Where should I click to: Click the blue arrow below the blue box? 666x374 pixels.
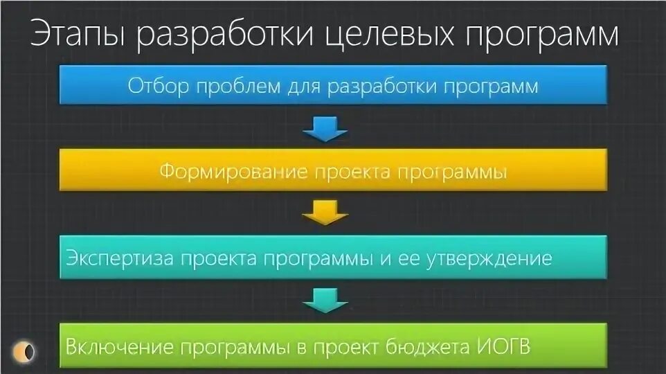point(325,127)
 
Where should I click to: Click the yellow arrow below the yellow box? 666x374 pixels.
point(325,213)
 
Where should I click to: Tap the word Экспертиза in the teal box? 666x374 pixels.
point(120,258)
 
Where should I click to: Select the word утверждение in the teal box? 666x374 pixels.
point(489,258)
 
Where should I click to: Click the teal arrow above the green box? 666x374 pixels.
point(325,300)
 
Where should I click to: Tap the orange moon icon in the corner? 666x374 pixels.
point(26,351)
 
